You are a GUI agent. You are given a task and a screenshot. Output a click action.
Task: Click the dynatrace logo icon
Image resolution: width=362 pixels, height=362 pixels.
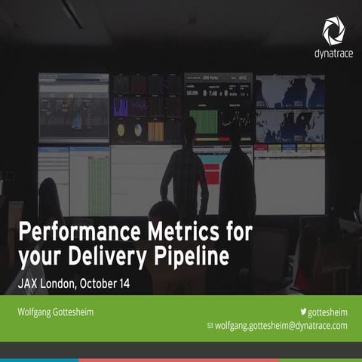[x=334, y=30]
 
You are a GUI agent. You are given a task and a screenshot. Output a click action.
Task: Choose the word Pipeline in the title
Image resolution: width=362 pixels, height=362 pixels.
[x=192, y=256]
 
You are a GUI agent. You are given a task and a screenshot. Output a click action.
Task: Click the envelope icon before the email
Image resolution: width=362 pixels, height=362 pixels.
[x=210, y=326]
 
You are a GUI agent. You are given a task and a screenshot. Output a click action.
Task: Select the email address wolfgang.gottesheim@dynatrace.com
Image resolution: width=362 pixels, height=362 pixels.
[x=281, y=326]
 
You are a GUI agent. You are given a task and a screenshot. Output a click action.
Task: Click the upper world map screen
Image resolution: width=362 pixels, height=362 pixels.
[x=289, y=90]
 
